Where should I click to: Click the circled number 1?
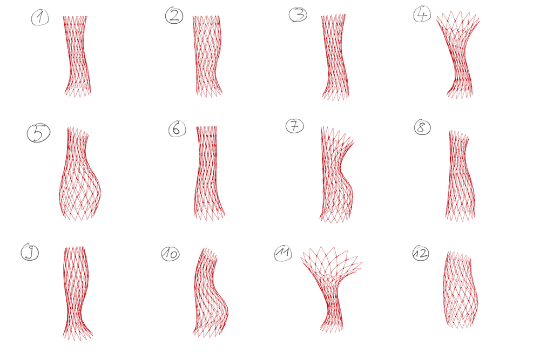pos(40,17)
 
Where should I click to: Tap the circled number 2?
pos(174,16)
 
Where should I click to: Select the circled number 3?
pos(298,15)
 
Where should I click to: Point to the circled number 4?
pos(422,15)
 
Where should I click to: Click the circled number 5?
pos(38,133)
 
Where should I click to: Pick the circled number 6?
pos(177,128)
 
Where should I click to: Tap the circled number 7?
pos(295,126)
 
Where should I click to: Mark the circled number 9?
pos(30,252)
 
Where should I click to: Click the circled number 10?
pos(171,254)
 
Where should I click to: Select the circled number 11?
pos(283,253)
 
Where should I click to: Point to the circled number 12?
pos(421,253)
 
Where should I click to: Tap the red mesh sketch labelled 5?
pos(79,174)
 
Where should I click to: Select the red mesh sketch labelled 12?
pos(460,290)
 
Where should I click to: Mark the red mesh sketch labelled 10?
pos(210,293)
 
